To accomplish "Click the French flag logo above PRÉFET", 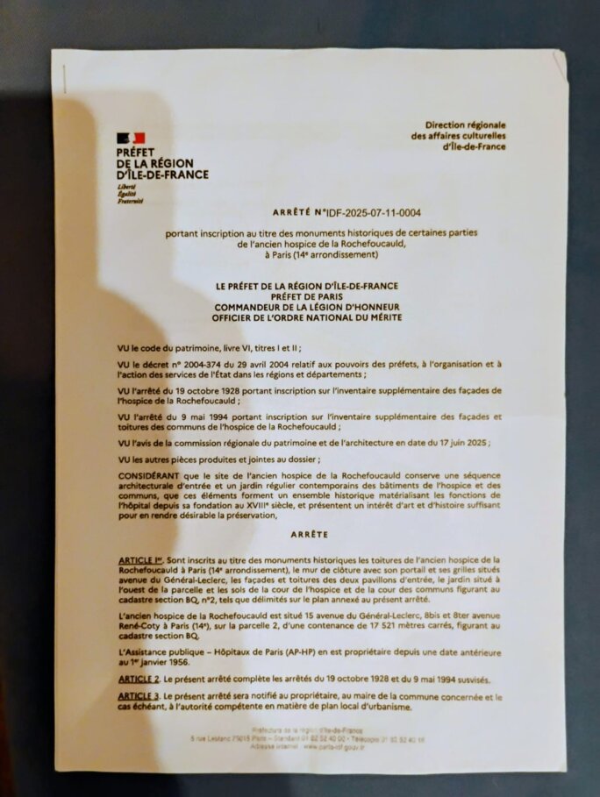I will point(130,138).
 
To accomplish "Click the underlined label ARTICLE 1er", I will point(140,559).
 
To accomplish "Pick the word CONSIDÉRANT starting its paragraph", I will point(151,474).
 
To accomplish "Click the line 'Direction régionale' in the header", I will point(465,126).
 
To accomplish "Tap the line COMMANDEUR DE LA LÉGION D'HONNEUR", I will point(306,306).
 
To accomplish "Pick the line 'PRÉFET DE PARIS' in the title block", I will point(306,296).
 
